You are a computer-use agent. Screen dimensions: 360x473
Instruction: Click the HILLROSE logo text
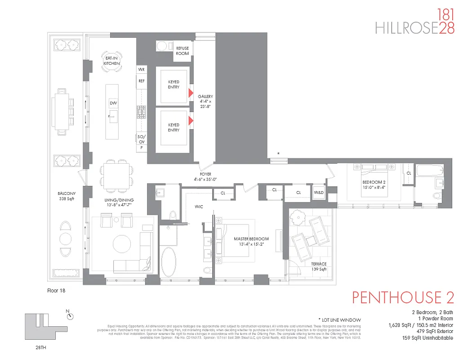click(x=406, y=28)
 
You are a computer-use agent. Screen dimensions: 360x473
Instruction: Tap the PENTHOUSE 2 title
click(x=403, y=298)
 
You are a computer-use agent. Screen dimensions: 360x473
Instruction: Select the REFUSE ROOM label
click(x=182, y=51)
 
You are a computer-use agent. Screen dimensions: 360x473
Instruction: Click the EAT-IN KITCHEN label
click(x=112, y=61)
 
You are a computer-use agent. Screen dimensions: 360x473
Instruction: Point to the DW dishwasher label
click(x=113, y=103)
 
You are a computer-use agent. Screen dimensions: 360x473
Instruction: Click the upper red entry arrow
click(x=191, y=93)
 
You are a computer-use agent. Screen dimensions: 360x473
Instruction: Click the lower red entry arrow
click(x=191, y=120)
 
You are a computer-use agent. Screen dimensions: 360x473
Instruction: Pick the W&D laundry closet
click(x=318, y=193)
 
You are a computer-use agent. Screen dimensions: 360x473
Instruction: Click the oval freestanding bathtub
click(x=170, y=262)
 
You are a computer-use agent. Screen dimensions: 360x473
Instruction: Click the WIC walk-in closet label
click(x=200, y=207)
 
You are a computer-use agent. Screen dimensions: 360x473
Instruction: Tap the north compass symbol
click(x=70, y=316)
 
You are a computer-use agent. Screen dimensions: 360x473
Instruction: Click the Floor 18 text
click(x=56, y=291)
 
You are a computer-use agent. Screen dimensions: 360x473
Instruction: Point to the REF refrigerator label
click(x=141, y=81)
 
